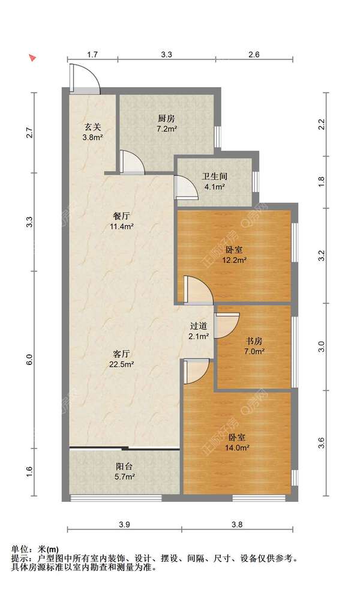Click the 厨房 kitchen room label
click(166, 119)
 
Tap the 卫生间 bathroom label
click(214, 176)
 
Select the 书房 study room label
click(254, 341)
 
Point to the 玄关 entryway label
click(93, 127)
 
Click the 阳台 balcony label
click(124, 467)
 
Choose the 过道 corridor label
click(199, 326)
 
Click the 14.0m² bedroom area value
click(237, 448)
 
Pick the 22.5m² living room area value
click(124, 364)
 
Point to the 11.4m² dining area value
click(122, 226)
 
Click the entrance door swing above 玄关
click(85, 79)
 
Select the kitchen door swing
click(132, 162)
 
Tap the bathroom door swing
click(186, 187)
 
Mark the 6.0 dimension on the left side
click(30, 360)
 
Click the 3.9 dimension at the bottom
click(124, 524)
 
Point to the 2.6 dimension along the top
click(254, 55)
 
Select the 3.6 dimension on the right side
click(321, 443)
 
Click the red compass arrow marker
click(33, 58)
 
